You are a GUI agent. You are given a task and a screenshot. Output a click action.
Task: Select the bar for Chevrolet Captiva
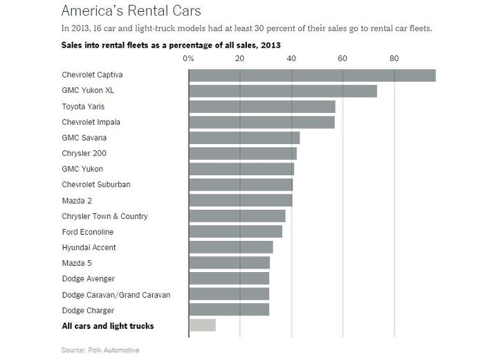312,75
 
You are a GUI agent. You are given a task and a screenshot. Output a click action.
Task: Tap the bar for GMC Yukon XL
283,91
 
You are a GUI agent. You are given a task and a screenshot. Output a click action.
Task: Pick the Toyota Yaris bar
262,107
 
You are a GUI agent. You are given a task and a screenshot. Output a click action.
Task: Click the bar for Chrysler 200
243,153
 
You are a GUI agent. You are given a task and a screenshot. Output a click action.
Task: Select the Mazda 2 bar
241,200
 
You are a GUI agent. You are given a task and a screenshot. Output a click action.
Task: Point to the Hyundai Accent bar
231,247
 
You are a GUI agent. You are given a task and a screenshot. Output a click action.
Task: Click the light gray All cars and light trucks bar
202,325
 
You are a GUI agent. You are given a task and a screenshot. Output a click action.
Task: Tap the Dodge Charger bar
229,309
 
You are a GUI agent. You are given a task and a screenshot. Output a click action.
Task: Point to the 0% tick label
188,59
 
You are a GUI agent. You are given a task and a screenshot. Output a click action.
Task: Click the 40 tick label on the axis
291,59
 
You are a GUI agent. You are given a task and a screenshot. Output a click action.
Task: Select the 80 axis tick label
394,59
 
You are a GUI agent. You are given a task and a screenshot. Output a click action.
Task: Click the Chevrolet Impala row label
91,122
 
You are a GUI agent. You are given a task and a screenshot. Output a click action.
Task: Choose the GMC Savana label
84,138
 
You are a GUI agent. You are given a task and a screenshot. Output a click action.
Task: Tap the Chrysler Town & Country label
104,216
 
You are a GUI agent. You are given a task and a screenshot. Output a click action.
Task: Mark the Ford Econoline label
87,232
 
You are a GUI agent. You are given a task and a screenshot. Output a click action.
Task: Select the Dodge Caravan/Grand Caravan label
116,294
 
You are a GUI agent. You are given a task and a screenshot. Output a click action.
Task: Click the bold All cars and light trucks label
107,325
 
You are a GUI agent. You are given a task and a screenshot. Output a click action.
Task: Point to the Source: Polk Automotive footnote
100,350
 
